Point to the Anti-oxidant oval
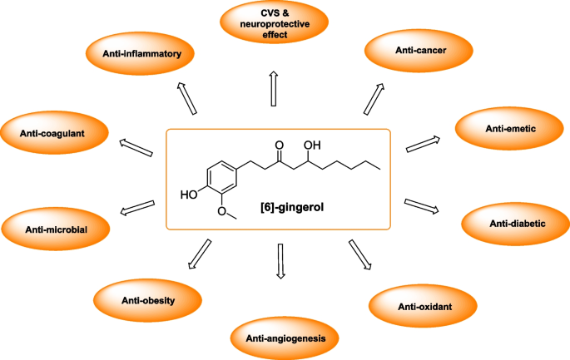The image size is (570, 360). click(x=424, y=307)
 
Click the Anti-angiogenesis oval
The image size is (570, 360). click(x=285, y=337)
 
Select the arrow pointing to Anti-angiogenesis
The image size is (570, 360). click(x=280, y=262)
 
